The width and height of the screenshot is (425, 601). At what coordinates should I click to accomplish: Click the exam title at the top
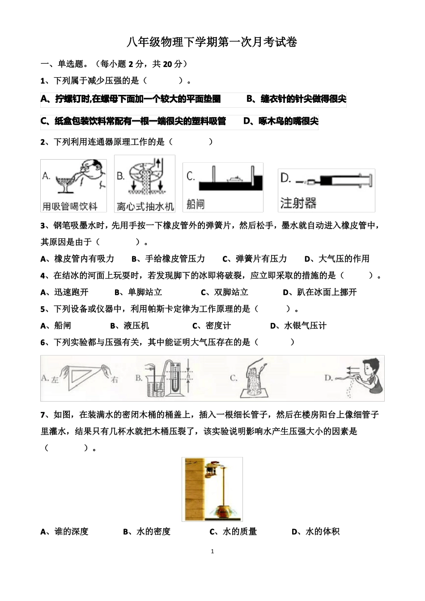(x=212, y=42)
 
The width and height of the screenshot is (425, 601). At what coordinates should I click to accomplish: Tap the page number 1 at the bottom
(x=212, y=551)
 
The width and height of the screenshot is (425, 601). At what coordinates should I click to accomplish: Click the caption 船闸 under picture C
(x=195, y=204)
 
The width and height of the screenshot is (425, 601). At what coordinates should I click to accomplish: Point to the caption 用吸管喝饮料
(x=70, y=206)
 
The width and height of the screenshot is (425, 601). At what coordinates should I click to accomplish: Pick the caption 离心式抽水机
(x=145, y=206)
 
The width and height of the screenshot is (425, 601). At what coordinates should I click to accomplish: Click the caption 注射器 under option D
(x=298, y=203)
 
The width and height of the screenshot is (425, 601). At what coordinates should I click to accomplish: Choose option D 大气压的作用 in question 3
(x=337, y=259)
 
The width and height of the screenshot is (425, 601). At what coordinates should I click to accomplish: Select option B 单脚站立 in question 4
(x=138, y=292)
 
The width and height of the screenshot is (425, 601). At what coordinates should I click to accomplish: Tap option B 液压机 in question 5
(x=130, y=326)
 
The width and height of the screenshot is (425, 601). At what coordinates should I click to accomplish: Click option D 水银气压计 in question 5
(x=298, y=326)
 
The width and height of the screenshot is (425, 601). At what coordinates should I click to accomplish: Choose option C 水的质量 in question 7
(x=233, y=532)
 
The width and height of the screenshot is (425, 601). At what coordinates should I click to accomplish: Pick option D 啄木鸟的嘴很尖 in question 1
(x=281, y=121)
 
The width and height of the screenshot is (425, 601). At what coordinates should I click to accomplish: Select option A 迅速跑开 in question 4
(x=64, y=292)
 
